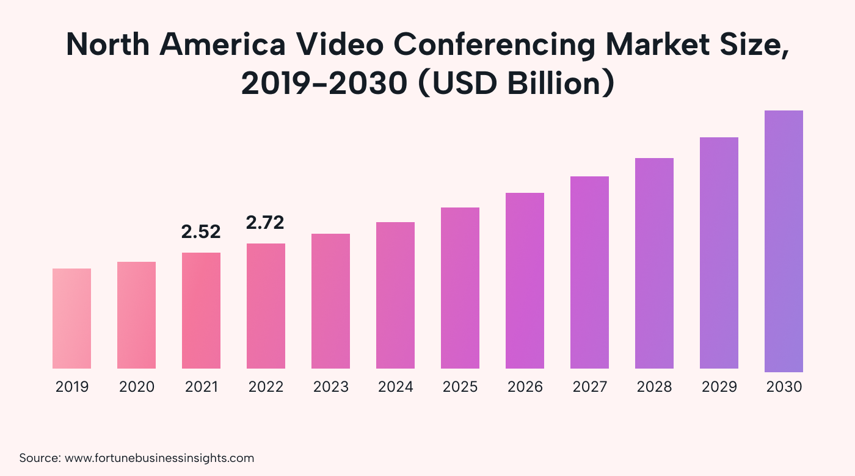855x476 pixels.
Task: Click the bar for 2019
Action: tap(71, 319)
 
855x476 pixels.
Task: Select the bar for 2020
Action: tap(136, 315)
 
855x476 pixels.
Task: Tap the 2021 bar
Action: tap(201, 311)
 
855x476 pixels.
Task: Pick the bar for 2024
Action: tap(395, 295)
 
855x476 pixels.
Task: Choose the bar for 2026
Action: tap(525, 281)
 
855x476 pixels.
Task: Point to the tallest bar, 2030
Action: tap(784, 241)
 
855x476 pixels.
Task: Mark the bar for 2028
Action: tap(654, 263)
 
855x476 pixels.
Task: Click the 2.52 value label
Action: tap(201, 232)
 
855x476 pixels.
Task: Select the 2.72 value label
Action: tap(265, 223)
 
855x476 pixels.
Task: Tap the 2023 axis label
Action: tap(330, 387)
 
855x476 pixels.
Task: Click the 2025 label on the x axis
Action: tap(460, 387)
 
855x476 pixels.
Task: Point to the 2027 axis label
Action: tap(589, 387)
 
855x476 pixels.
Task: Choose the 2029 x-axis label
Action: tap(719, 387)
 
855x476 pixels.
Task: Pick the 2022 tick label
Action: tap(266, 387)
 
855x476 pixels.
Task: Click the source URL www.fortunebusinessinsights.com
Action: tap(159, 458)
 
